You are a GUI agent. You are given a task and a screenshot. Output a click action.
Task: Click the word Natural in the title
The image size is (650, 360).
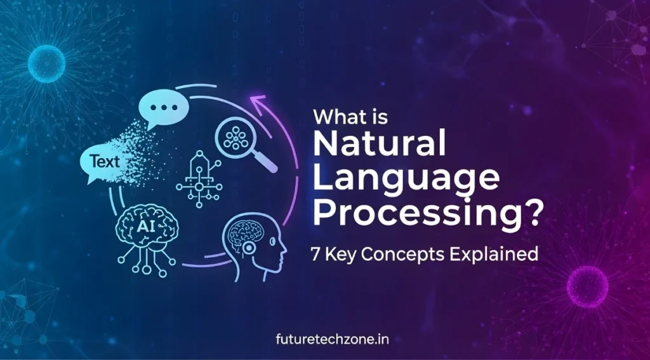click(x=379, y=145)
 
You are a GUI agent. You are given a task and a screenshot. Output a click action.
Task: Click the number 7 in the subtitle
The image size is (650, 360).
click(x=315, y=254)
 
